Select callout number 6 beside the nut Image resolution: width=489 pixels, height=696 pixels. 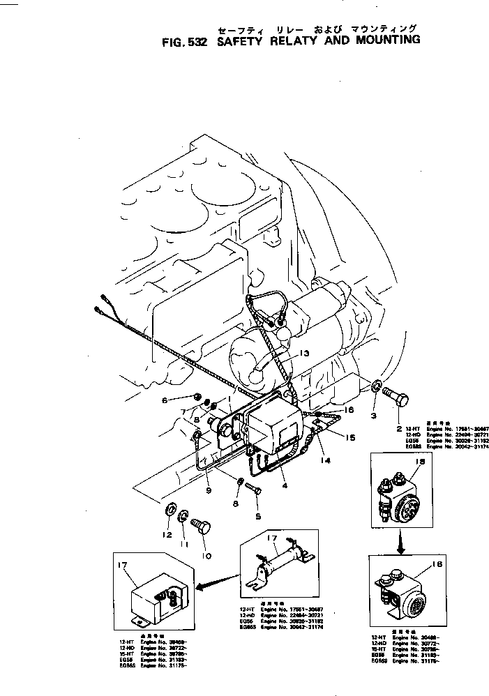point(165,400)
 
